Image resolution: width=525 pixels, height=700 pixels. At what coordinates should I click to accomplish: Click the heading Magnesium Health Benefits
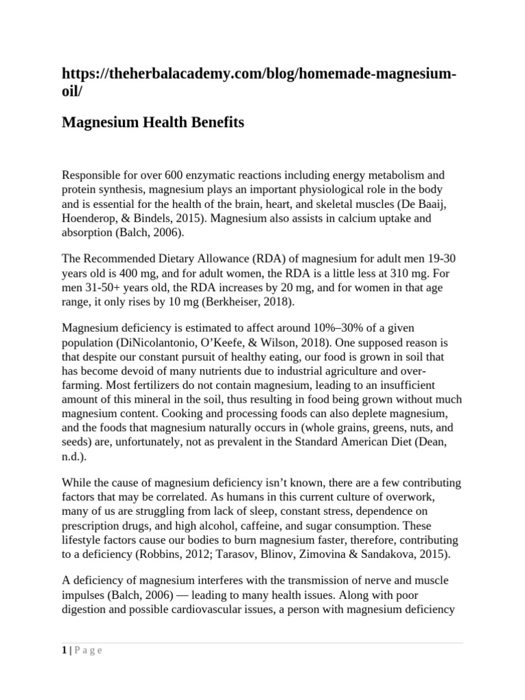tap(152, 122)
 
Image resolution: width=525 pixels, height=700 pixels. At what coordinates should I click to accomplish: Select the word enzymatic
tap(192, 175)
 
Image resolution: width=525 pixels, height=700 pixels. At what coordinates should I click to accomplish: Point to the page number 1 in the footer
tap(64, 651)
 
